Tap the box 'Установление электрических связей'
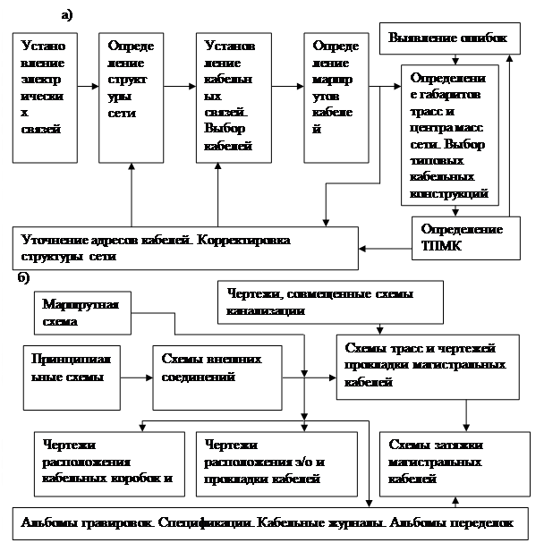coord(44,98)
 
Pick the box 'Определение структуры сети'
coord(132,98)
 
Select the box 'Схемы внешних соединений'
coord(212,376)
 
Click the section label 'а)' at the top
coord(67,15)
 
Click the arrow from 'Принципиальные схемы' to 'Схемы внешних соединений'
coord(136,377)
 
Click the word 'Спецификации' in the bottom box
coord(191,522)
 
